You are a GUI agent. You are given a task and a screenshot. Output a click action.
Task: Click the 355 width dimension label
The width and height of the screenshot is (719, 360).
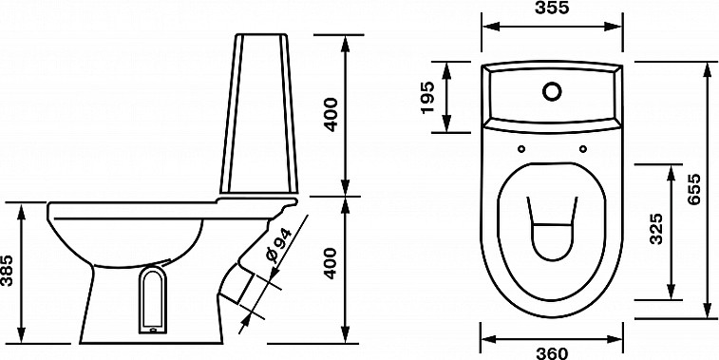(x=552, y=8)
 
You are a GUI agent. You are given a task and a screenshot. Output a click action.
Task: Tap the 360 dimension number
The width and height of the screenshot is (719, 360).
(x=552, y=353)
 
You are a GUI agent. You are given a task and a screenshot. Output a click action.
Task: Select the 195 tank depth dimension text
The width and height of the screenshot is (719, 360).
(x=427, y=97)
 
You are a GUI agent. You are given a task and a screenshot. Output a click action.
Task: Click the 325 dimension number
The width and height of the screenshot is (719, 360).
(x=656, y=229)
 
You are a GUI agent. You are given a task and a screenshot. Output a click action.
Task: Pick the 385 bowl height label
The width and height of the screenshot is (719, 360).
(x=7, y=271)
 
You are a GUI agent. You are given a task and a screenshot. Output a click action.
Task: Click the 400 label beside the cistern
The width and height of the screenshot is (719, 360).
(x=331, y=114)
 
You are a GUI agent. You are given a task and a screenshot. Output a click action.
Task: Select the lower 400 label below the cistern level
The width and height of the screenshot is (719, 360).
(x=331, y=263)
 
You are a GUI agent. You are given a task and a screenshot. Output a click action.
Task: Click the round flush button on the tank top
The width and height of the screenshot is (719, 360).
(x=552, y=91)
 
